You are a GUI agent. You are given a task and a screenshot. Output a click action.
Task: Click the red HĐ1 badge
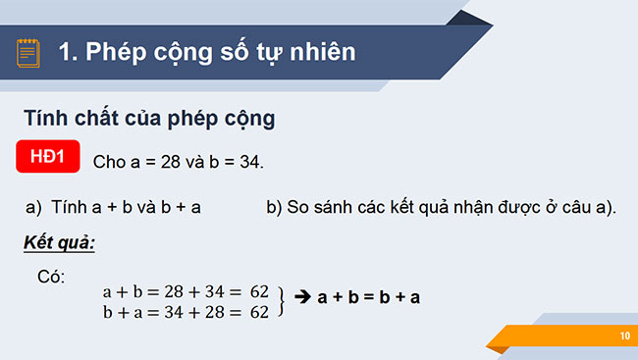click(x=46, y=157)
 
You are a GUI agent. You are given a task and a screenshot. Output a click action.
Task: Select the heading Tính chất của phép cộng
click(x=149, y=119)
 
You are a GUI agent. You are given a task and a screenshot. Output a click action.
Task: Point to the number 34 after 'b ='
click(x=250, y=161)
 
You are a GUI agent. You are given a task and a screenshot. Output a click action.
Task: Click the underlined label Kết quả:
click(x=59, y=242)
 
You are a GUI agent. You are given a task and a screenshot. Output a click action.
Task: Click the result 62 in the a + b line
click(x=259, y=292)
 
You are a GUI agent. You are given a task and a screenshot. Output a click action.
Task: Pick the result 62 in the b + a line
click(x=259, y=313)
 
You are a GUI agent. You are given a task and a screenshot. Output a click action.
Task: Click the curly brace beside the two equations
click(x=281, y=302)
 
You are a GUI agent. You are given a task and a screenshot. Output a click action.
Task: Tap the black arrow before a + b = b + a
click(x=302, y=297)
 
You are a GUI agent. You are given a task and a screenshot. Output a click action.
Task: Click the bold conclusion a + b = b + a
click(x=369, y=297)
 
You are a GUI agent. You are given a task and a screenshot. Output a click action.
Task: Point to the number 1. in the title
click(x=69, y=51)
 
